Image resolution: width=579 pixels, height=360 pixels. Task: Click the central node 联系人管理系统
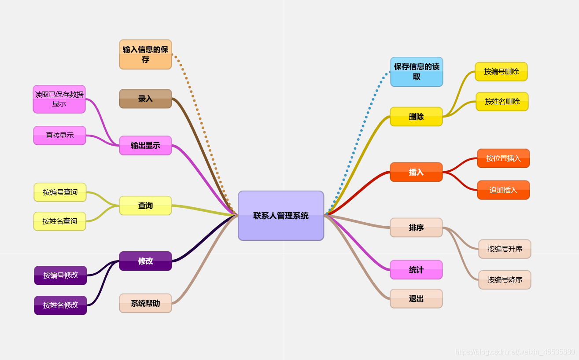click(x=281, y=216)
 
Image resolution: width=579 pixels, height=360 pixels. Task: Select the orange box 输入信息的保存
click(x=145, y=55)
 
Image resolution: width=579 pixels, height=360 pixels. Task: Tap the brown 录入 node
click(x=145, y=99)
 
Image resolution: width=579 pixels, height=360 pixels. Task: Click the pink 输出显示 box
click(x=145, y=145)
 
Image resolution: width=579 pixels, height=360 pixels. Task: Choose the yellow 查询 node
click(x=145, y=206)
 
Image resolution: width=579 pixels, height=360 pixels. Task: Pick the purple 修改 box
click(x=145, y=261)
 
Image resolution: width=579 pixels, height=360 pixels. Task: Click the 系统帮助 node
click(x=145, y=303)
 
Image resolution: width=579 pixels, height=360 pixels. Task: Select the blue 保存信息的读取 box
click(x=417, y=72)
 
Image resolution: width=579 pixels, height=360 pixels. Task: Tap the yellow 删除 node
click(x=416, y=117)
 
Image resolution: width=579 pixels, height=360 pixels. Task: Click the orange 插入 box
click(x=416, y=172)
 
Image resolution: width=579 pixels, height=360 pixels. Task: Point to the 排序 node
click(x=416, y=228)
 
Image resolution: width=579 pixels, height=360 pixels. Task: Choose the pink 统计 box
click(x=416, y=270)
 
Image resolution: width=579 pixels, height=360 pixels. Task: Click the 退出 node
click(x=416, y=298)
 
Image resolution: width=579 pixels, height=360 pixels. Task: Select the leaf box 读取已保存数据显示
click(x=59, y=99)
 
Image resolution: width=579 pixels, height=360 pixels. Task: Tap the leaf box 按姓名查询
click(x=60, y=221)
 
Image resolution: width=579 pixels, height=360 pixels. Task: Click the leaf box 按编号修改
click(x=61, y=275)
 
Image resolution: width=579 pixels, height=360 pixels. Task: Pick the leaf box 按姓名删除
click(x=502, y=101)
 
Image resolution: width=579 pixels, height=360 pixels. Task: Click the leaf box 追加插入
click(x=503, y=190)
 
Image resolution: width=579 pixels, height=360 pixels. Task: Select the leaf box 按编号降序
click(x=505, y=279)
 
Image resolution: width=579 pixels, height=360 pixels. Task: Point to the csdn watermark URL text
click(x=515, y=352)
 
